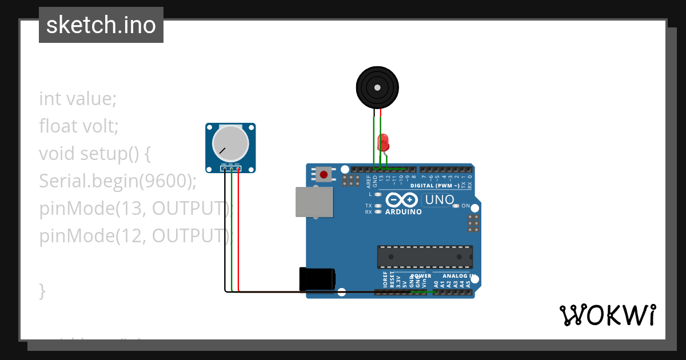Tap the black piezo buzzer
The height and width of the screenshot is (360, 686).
tap(377, 87)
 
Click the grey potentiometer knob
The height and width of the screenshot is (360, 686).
tap(230, 143)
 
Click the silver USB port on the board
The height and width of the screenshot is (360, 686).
tap(314, 202)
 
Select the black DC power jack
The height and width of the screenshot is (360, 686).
tap(317, 279)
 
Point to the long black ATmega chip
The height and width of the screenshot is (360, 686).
tap(425, 257)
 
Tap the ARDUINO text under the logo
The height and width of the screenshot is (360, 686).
tap(404, 212)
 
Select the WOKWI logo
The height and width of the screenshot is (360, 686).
tap(607, 315)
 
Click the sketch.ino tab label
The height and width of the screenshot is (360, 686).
tap(101, 25)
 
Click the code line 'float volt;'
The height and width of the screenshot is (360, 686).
tap(79, 126)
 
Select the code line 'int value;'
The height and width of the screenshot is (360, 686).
tap(78, 99)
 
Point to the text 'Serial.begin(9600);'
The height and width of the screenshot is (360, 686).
tap(118, 181)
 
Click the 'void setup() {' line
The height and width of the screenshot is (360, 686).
tap(94, 154)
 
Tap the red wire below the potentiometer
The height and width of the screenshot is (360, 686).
tap(238, 229)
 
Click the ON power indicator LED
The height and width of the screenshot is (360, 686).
tap(456, 206)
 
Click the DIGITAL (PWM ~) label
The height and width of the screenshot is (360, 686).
tap(434, 186)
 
